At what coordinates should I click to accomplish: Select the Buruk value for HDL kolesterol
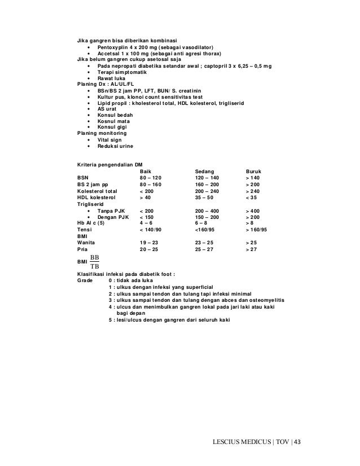coord(251,199)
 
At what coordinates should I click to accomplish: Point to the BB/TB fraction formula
coord(95,262)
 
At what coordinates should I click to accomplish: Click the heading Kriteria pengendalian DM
coord(109,164)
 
